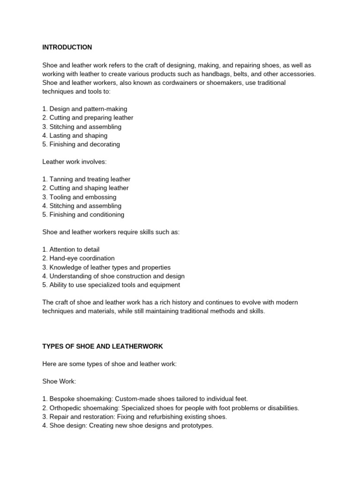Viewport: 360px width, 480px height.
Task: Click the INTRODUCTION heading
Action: click(x=67, y=47)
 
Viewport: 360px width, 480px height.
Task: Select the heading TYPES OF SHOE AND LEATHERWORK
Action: click(x=103, y=346)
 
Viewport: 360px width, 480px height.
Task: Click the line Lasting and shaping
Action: click(x=75, y=135)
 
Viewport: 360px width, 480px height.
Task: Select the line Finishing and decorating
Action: click(x=81, y=144)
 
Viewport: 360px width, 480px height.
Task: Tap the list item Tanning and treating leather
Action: click(x=86, y=179)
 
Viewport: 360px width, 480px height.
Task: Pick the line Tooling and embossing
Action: click(x=79, y=197)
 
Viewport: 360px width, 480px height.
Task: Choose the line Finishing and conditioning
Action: click(x=83, y=215)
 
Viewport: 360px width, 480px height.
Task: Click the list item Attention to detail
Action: click(x=71, y=249)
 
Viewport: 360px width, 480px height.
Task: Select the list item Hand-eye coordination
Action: click(x=78, y=258)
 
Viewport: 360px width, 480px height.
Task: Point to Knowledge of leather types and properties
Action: click(x=106, y=267)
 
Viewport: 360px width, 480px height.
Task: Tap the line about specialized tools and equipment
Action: click(x=111, y=285)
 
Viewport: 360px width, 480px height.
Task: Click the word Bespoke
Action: click(x=61, y=399)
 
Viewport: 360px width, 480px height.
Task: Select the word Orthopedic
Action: click(x=64, y=408)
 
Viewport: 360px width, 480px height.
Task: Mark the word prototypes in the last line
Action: click(x=196, y=426)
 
